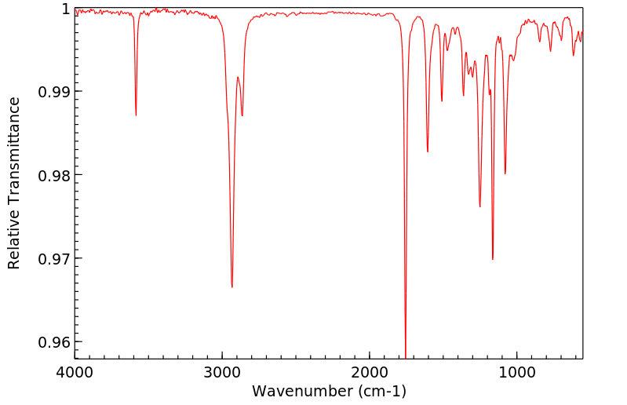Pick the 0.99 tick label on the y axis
click(x=53, y=92)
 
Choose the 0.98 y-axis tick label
click(x=53, y=175)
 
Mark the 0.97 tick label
click(x=53, y=258)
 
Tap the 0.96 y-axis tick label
click(x=53, y=342)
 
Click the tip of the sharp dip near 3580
click(x=136, y=115)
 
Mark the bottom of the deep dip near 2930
click(x=232, y=287)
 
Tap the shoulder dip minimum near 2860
click(x=242, y=116)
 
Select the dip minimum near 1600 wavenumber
click(x=428, y=151)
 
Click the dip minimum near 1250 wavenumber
click(x=480, y=207)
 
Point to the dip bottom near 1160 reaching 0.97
click(x=493, y=259)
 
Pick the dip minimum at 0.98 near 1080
click(x=505, y=174)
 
